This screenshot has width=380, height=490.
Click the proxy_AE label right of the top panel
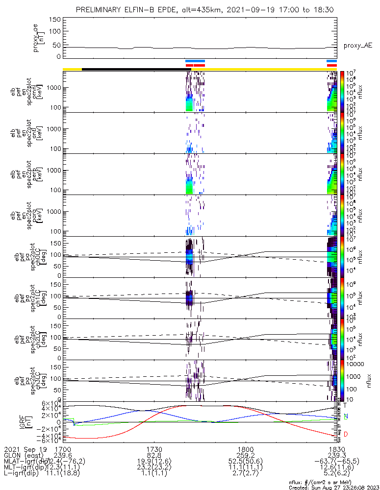point(357,46)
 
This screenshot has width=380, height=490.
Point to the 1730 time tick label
point(154,449)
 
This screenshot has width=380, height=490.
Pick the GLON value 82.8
point(154,455)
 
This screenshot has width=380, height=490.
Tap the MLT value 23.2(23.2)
point(154,468)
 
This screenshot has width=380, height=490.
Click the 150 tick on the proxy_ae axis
point(55,19)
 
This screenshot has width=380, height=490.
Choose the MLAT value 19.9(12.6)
point(154,462)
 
